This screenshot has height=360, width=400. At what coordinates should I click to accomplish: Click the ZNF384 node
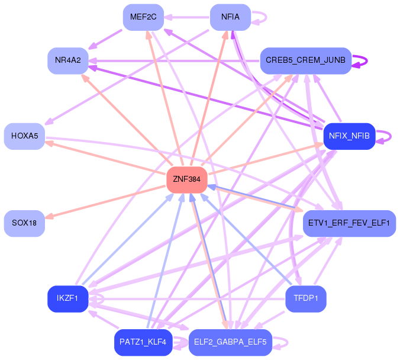tap(187, 180)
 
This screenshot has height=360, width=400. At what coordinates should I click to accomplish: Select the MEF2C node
tap(143, 17)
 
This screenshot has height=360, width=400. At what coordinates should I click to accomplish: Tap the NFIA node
tap(230, 17)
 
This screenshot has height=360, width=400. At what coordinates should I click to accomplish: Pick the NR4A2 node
tap(68, 61)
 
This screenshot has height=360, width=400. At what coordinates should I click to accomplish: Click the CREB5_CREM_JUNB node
tap(305, 61)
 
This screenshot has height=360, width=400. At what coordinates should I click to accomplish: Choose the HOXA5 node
tap(24, 136)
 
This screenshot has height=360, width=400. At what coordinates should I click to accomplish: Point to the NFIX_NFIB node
tap(349, 136)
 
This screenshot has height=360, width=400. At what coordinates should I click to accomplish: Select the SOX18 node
tap(24, 223)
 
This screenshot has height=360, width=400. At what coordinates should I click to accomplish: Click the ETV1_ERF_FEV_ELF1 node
tap(349, 223)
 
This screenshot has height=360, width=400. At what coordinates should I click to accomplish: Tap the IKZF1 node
tap(68, 299)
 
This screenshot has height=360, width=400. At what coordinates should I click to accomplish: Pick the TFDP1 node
tap(305, 299)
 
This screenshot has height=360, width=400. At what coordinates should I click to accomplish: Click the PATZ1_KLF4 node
tap(143, 342)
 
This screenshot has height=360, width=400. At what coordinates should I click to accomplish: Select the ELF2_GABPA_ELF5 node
tap(230, 342)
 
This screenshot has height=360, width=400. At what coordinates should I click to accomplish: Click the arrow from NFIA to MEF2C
tap(187, 17)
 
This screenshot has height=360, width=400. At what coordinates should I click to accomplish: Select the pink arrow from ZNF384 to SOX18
tap(105, 202)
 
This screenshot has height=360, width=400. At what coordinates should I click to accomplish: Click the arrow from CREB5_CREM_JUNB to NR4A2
tap(174, 61)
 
